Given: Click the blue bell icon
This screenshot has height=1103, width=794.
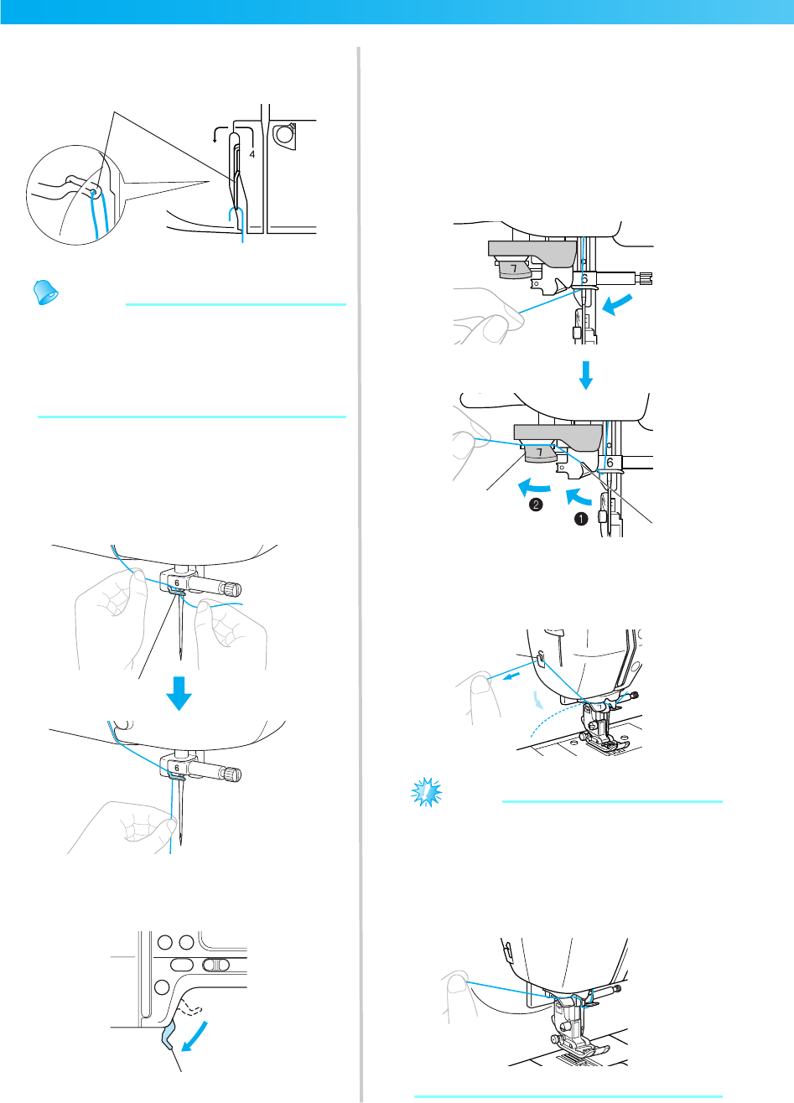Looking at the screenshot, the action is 45,293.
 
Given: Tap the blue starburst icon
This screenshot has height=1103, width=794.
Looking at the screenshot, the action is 427,792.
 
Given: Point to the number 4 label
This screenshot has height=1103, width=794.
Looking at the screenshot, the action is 252,154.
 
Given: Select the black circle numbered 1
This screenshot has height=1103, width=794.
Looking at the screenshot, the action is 581,519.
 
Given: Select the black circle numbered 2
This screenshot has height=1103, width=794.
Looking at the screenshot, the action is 536,505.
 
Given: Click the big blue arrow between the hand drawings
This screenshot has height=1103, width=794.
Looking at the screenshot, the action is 179,693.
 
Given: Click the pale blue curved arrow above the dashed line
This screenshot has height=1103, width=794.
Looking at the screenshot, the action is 538,699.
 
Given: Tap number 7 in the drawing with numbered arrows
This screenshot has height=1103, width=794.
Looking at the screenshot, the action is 539,452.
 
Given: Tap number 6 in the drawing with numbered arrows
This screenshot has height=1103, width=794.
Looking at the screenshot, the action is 610,463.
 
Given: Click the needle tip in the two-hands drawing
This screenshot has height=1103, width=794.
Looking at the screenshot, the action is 181,659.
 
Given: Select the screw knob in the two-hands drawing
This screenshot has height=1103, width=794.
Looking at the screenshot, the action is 231,588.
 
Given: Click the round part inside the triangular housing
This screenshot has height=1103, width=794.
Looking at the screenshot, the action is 283,133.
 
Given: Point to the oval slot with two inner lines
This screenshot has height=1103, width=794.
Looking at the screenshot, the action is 215,964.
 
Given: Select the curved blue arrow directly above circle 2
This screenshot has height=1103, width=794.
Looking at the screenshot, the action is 534,488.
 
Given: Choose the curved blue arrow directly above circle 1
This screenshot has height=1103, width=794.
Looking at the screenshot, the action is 579,496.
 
